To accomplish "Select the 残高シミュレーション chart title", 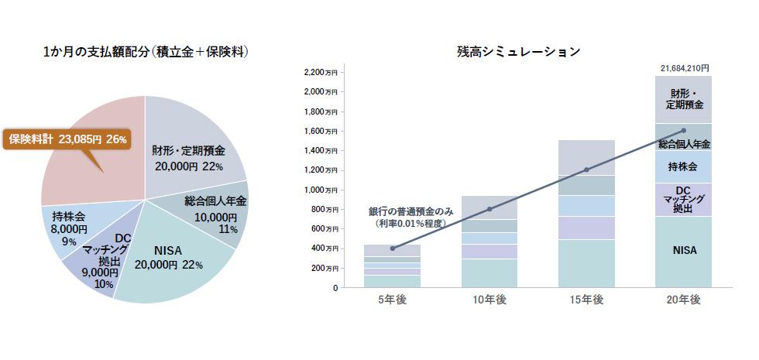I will click(x=519, y=52).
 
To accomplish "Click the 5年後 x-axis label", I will click(x=392, y=300).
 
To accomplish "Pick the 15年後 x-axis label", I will click(x=587, y=300).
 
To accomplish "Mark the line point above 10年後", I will click(x=489, y=209).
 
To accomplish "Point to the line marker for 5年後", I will click(x=392, y=249).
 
